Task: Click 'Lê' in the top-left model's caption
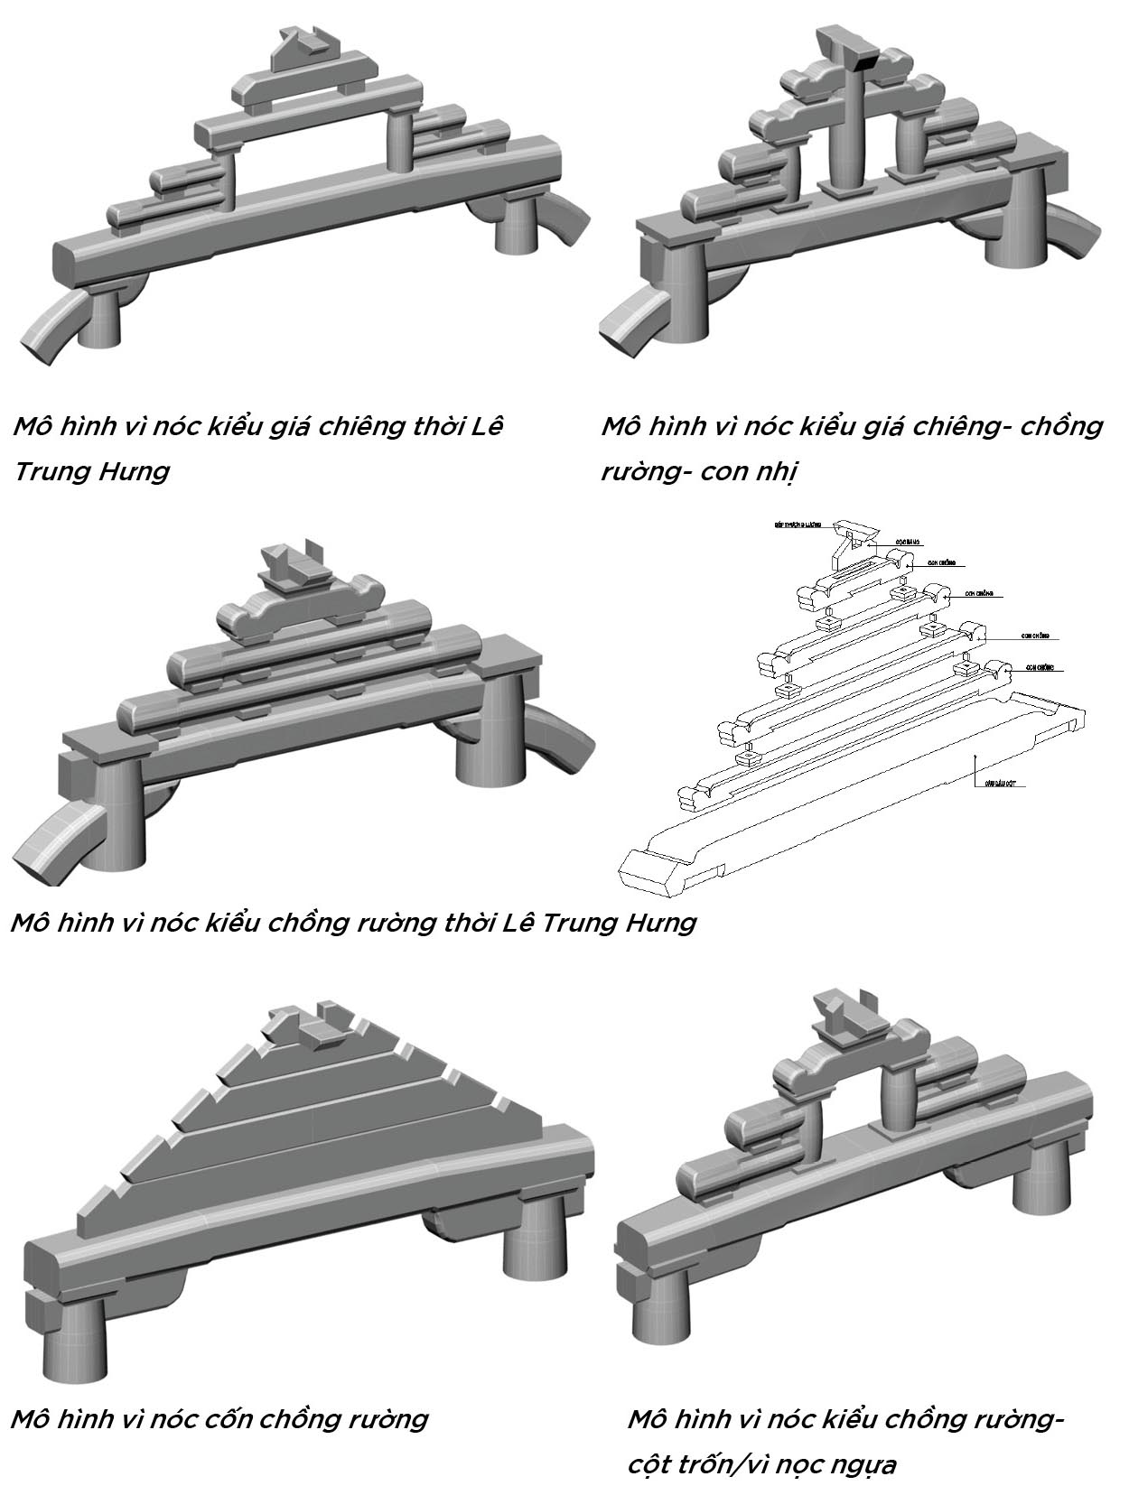(x=487, y=425)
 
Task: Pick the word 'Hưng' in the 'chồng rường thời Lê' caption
(x=658, y=922)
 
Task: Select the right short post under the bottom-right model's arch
(x=896, y=1097)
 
